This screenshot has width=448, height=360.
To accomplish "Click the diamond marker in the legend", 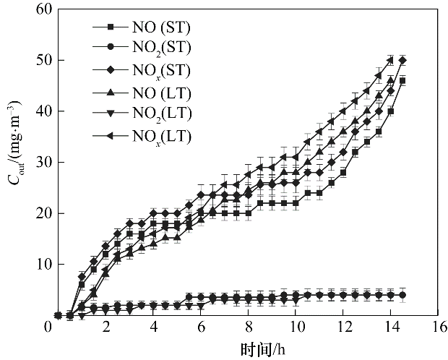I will pyautogui.click(x=111, y=70).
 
